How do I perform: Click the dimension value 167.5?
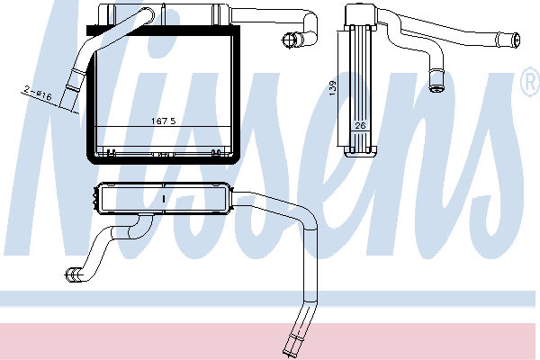[x=164, y=121]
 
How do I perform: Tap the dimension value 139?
[x=332, y=88]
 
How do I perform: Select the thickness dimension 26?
[x=360, y=126]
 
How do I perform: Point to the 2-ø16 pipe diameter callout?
[x=38, y=94]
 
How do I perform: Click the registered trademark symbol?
[x=531, y=81]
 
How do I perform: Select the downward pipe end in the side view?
[x=436, y=82]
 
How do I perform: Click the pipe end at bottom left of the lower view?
[x=73, y=274]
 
